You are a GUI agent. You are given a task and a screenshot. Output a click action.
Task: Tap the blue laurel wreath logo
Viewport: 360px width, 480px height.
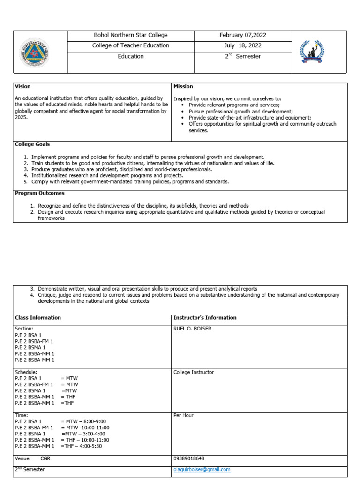click(x=313, y=52)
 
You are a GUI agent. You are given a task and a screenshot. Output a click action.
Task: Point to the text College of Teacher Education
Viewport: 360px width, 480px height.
click(x=131, y=45)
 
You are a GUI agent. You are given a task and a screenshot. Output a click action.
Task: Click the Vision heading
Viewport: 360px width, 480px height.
click(x=22, y=87)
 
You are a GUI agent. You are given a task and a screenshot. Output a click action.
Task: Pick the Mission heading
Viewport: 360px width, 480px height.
click(x=183, y=87)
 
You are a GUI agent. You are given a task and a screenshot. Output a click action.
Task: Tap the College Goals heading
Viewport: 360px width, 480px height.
click(x=32, y=144)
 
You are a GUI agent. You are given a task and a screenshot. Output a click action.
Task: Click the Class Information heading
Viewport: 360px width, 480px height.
click(x=37, y=318)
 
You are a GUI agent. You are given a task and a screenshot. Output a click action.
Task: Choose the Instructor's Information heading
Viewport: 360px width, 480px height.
click(x=205, y=318)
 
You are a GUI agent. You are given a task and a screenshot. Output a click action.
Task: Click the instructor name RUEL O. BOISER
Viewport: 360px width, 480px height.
click(x=192, y=329)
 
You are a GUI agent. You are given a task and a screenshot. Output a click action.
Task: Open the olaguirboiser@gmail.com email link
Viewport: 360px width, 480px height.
click(x=202, y=469)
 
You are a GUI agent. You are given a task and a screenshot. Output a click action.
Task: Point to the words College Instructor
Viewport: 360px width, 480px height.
click(x=194, y=373)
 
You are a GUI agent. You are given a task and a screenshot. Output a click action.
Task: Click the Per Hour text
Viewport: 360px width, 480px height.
click(x=184, y=416)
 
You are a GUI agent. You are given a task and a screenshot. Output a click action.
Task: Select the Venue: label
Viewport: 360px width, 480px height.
click(x=22, y=459)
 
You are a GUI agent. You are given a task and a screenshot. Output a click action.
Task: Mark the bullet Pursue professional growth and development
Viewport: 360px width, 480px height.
click(x=240, y=112)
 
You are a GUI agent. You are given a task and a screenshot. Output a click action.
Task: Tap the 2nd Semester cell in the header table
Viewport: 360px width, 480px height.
click(x=242, y=56)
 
